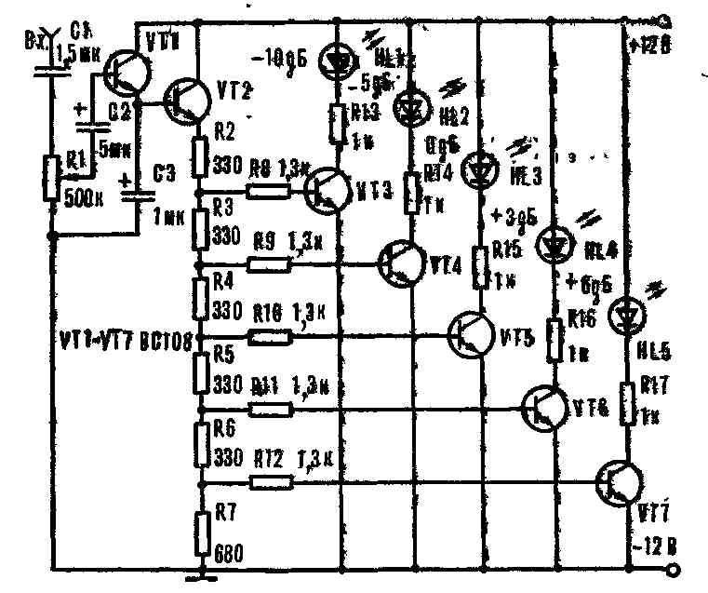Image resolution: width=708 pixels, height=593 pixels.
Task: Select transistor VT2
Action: click(x=185, y=97)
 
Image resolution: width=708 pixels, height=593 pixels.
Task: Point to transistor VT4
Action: click(x=403, y=262)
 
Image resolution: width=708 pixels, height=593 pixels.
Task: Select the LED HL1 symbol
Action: click(x=336, y=61)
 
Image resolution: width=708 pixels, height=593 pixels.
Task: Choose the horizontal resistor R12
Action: click(x=271, y=481)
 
